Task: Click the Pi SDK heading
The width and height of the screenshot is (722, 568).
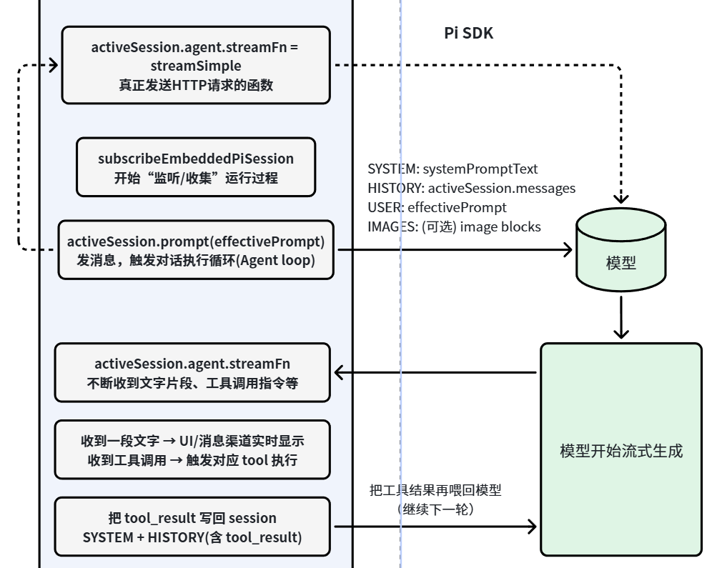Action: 468,33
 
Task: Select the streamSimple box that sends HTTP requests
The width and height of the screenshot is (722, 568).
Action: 195,66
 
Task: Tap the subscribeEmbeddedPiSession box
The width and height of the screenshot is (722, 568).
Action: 195,167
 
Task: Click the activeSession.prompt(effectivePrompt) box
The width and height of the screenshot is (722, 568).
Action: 195,250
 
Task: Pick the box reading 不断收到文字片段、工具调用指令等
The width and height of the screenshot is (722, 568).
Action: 192,372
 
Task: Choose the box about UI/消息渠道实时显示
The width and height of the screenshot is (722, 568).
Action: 192,450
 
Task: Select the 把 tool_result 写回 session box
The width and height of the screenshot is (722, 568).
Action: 192,527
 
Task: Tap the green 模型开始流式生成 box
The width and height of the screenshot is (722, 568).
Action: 620,450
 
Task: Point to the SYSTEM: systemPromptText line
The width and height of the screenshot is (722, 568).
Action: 452,169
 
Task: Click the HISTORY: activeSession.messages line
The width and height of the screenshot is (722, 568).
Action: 471,188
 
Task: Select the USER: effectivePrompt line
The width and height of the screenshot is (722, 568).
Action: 437,207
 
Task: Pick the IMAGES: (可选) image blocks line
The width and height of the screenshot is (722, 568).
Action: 454,226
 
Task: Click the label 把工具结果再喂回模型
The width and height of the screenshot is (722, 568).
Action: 435,490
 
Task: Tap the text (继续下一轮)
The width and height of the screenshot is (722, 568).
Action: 435,509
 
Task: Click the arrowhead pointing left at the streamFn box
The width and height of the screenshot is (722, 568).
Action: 340,372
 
